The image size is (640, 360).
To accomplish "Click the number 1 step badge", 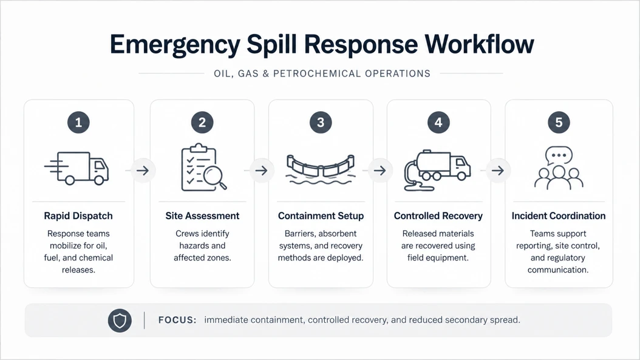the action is click(x=78, y=122).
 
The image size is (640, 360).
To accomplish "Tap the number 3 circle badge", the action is click(x=321, y=122).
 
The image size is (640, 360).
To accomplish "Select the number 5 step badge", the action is click(x=559, y=122).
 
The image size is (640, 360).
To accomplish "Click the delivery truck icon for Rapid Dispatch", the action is click(x=77, y=168).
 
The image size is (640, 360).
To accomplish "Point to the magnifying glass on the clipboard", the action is click(x=215, y=177).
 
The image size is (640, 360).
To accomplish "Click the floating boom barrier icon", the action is click(x=321, y=169).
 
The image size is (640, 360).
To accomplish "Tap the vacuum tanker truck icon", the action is click(x=438, y=170).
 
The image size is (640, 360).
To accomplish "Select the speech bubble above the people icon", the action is click(x=559, y=155).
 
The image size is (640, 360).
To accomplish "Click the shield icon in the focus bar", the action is click(x=120, y=321).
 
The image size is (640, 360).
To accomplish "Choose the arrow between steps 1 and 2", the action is click(x=143, y=170).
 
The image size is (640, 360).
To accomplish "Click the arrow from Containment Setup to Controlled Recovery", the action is click(x=380, y=170).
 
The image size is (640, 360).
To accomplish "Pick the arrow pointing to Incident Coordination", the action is click(x=497, y=170).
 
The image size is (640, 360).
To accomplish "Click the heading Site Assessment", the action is click(x=202, y=216).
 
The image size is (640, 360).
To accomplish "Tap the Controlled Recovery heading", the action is click(x=438, y=216).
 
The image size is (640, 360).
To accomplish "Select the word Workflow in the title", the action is click(x=479, y=44).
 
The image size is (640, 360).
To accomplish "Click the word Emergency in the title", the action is click(x=175, y=45).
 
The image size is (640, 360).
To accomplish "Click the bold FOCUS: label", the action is click(x=177, y=320).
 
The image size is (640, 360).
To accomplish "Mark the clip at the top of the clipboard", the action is click(x=199, y=148).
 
